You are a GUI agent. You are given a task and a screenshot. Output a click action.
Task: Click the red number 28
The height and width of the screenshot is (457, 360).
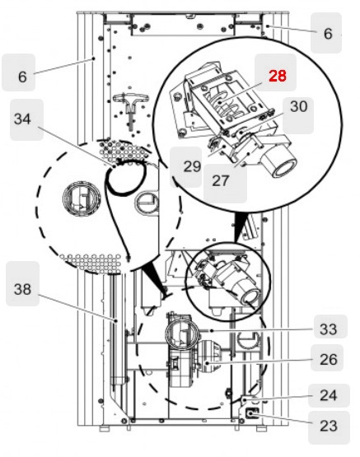pos(278,76)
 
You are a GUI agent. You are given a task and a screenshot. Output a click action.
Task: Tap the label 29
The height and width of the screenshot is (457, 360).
pos(192,166)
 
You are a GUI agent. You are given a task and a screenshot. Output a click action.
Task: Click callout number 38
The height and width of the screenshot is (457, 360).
pos(25,289)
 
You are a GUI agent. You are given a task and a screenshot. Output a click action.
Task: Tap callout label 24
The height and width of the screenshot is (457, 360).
pos(329,394)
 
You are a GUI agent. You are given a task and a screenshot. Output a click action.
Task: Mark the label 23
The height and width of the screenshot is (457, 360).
pos(329,426)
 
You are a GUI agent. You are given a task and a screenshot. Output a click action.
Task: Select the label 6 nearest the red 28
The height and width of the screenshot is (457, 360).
pos(328,34)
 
